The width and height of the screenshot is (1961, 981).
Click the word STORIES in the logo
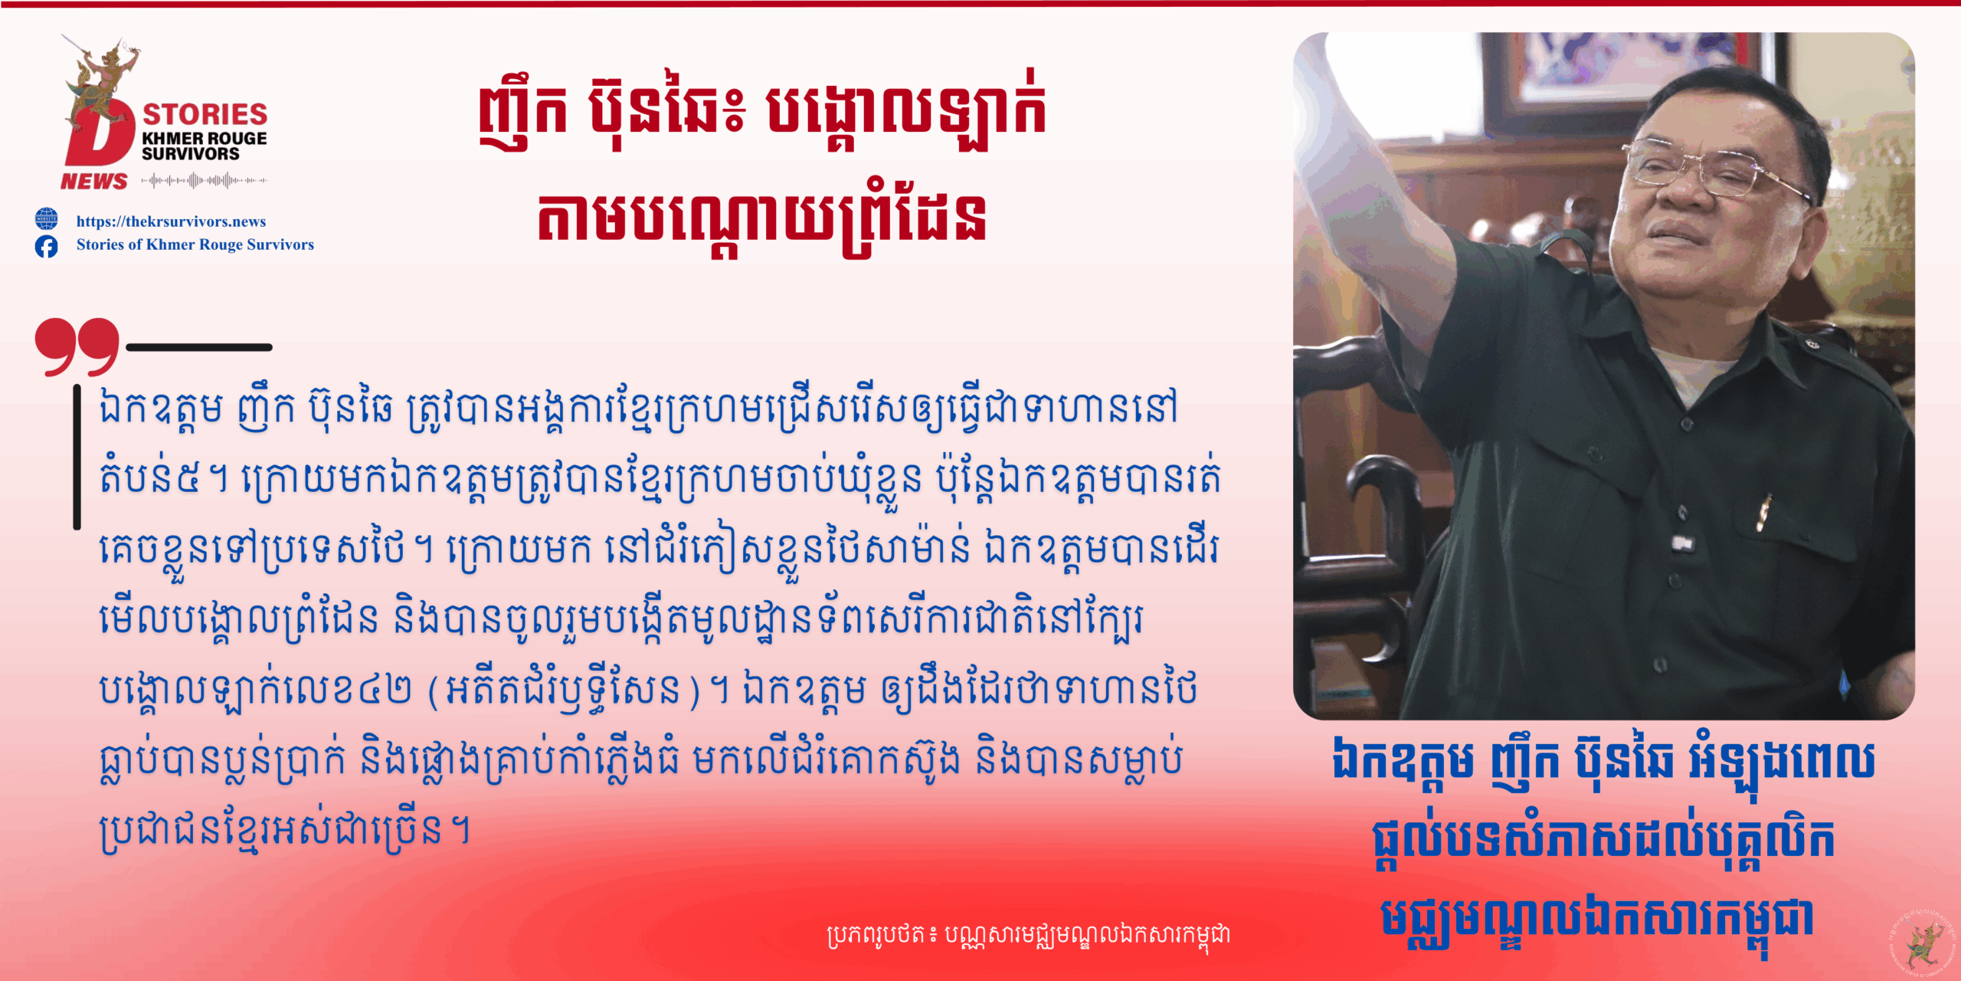click(205, 114)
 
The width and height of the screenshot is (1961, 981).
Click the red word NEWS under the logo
click(94, 182)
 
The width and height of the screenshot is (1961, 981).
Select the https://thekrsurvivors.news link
click(171, 221)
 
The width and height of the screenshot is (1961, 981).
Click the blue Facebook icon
click(46, 246)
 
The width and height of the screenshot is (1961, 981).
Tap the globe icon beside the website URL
click(46, 219)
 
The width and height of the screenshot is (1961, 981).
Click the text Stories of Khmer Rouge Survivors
click(195, 244)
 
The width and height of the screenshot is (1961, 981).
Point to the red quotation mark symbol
click(77, 346)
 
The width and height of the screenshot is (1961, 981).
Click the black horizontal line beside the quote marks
click(199, 347)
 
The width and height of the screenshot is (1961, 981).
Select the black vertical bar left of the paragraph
click(77, 457)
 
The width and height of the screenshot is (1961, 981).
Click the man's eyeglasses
click(1716, 170)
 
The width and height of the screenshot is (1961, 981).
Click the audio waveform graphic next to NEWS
click(204, 181)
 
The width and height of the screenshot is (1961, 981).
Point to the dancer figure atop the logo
click(103, 73)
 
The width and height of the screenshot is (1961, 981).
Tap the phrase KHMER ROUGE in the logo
click(205, 139)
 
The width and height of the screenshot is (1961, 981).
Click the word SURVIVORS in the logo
click(191, 154)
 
